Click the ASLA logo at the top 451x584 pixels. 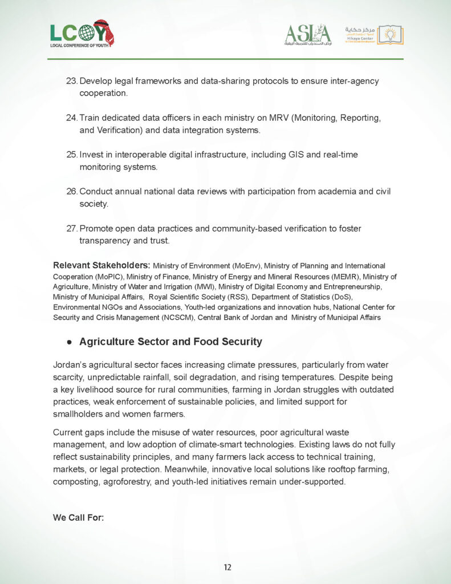(308, 35)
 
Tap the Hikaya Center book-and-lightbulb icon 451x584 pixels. (391, 35)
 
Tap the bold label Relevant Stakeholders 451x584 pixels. (101, 265)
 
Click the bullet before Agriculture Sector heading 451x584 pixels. (69, 342)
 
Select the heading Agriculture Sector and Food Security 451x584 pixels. (170, 342)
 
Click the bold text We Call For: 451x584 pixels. (78, 518)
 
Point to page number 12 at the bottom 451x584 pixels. (227, 567)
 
